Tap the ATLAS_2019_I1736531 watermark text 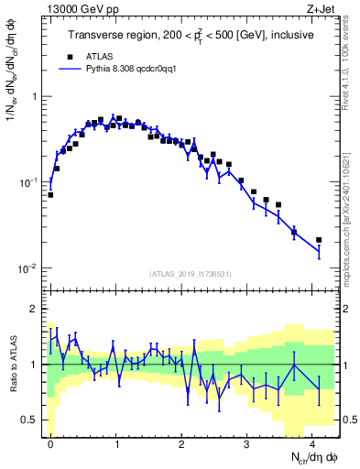(x=191, y=274)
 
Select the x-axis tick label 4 (x=312, y=442)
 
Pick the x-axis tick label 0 (x=50, y=442)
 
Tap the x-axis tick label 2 (x=181, y=442)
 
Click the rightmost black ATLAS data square (x=319, y=240)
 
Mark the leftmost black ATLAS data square (x=50, y=194)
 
